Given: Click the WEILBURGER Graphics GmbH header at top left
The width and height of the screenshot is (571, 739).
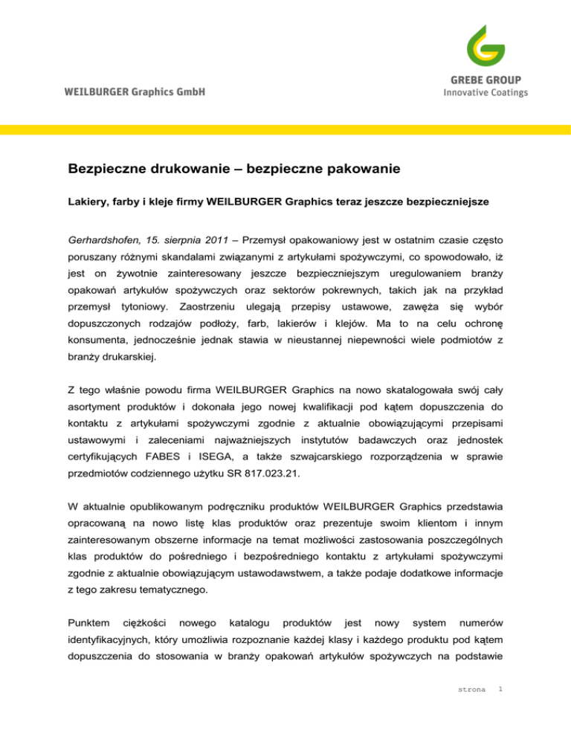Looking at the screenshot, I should [135, 92].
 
